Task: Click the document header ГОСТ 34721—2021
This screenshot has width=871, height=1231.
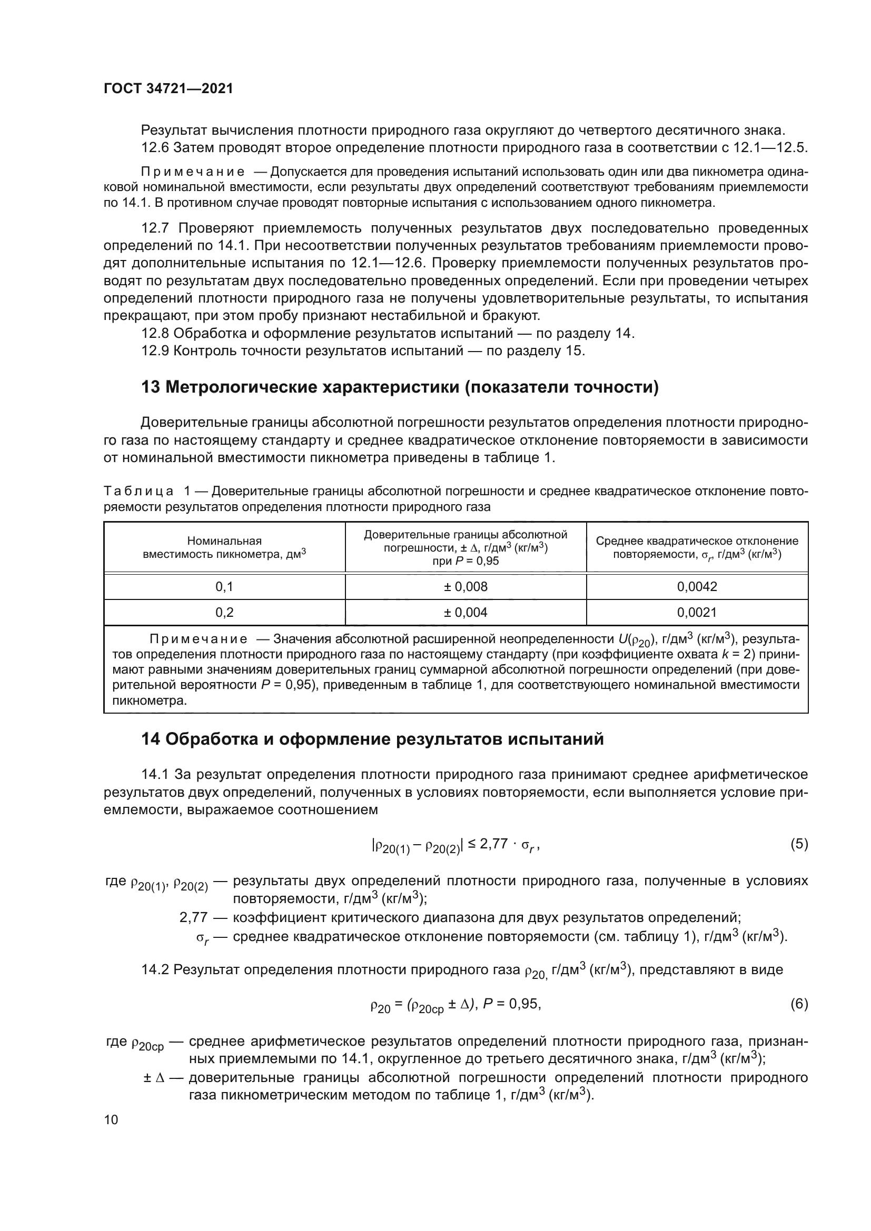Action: (x=169, y=89)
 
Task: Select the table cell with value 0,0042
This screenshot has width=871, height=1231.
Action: (x=697, y=586)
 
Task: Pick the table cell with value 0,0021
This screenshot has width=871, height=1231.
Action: (x=697, y=612)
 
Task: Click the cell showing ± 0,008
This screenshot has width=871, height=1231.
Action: (x=466, y=586)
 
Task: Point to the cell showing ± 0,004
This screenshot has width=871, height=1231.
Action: (x=466, y=612)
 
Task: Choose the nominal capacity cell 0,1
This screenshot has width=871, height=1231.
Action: (x=224, y=586)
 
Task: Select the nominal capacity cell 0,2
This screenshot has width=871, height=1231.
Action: (x=224, y=612)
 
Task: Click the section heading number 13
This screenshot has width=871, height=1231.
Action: (x=151, y=387)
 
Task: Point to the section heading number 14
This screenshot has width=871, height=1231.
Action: (x=151, y=739)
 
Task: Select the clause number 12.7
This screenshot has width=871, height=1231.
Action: (x=155, y=228)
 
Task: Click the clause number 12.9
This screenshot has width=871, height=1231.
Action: (x=155, y=351)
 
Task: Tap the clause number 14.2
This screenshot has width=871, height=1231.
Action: (x=155, y=969)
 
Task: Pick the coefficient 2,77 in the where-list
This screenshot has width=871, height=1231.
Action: (x=193, y=917)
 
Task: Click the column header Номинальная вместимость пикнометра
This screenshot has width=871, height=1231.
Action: (x=224, y=547)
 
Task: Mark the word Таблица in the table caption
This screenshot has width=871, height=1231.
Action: (x=138, y=491)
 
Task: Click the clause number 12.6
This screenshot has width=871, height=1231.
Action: (x=155, y=148)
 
